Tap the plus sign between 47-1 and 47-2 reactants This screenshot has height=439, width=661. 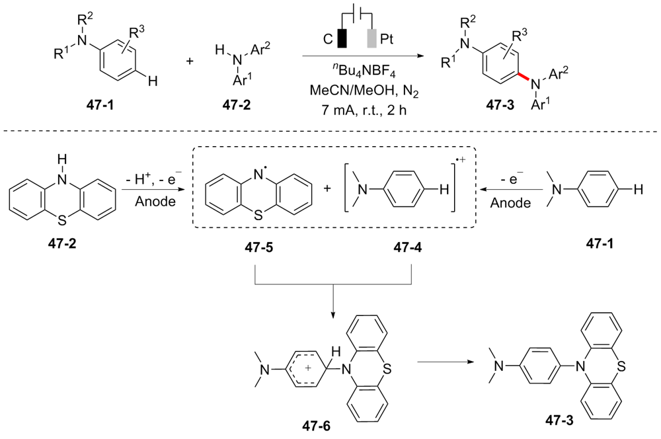click(x=190, y=61)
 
